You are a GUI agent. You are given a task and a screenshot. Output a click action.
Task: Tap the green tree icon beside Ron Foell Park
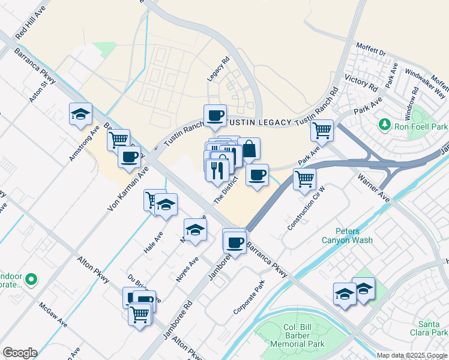[x=384, y=125]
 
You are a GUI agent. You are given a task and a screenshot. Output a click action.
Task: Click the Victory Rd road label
[x=360, y=84]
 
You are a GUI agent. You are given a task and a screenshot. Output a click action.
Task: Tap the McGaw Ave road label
[x=53, y=315]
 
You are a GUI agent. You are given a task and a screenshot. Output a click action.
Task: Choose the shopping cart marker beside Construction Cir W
[x=305, y=179]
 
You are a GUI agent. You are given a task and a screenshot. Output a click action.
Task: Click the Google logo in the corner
[x=20, y=353]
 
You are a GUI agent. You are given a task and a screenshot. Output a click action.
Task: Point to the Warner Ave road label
[x=374, y=187]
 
